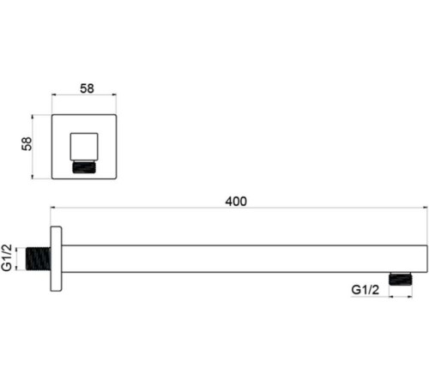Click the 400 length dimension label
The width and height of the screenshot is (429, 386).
click(x=236, y=202)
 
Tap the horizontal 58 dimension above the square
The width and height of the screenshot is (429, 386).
click(x=87, y=88)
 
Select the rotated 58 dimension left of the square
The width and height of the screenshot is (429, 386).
click(x=27, y=144)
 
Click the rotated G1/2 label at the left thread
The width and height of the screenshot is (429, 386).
click(x=7, y=257)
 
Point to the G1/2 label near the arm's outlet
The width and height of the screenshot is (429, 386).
click(x=366, y=290)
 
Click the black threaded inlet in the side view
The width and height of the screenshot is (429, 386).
click(x=39, y=258)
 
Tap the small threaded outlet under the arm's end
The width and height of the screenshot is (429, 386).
click(x=401, y=279)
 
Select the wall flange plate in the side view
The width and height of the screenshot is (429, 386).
click(x=56, y=259)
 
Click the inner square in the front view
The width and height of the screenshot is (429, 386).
click(x=84, y=147)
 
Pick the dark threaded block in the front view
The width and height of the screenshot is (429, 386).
click(x=84, y=167)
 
